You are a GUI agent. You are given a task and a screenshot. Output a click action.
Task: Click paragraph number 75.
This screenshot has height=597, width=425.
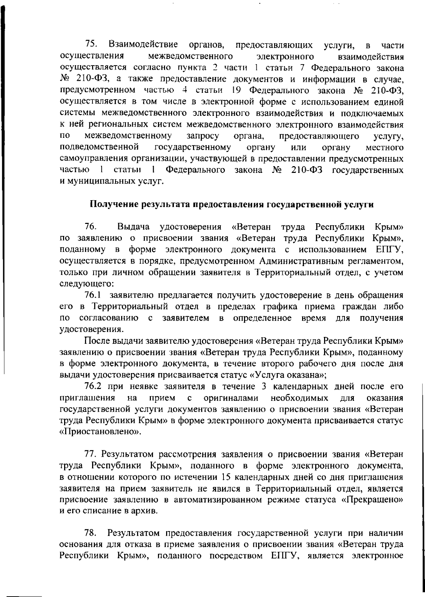point(92,45)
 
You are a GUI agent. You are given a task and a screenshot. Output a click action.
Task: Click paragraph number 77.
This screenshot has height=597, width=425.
point(91,454)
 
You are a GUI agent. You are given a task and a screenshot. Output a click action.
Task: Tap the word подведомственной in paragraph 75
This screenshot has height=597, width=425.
point(99,147)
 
